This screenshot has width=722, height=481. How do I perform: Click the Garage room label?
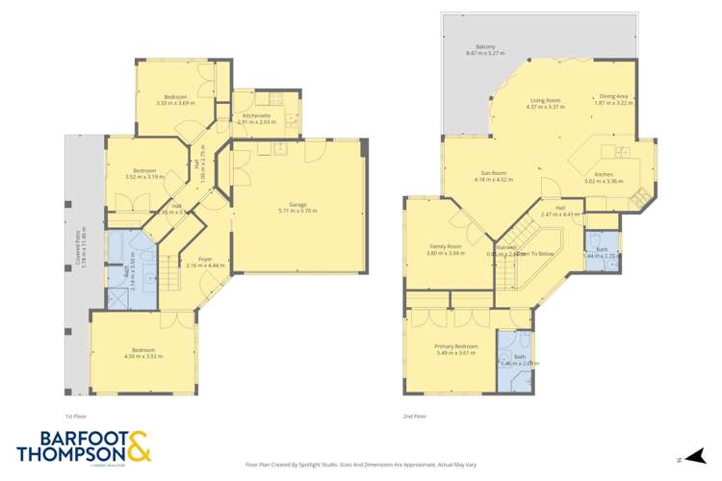(297, 204)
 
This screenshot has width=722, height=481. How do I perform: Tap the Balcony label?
(485, 46)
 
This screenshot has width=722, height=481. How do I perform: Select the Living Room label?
(546, 100)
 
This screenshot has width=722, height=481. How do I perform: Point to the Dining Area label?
(613, 96)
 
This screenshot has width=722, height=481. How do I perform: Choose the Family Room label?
(445, 246)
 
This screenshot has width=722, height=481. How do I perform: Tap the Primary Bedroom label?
(455, 346)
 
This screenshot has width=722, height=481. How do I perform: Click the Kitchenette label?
(255, 115)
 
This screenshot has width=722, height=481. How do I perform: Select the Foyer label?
(206, 258)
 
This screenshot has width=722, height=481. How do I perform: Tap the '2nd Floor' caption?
(415, 417)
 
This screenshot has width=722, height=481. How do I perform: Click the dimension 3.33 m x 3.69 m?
(175, 103)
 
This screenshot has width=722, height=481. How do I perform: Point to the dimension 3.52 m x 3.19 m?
(144, 177)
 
